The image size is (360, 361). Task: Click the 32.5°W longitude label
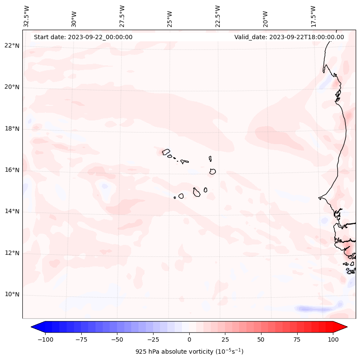click(x=27, y=16)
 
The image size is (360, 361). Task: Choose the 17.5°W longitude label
click(x=313, y=16)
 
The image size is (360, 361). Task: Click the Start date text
click(x=83, y=37)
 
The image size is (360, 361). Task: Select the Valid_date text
click(x=289, y=37)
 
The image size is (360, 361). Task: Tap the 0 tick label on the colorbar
click(x=189, y=339)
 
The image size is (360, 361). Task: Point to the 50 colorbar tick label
click(x=261, y=339)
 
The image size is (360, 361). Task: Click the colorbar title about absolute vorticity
click(x=189, y=352)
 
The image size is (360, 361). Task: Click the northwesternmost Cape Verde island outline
click(x=166, y=151)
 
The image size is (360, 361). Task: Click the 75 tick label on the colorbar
click(x=296, y=339)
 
